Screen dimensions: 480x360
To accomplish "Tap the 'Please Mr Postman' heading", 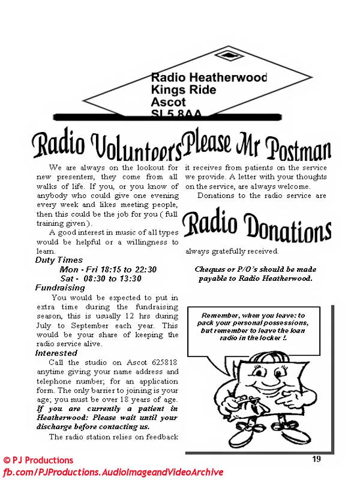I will coord(257,145).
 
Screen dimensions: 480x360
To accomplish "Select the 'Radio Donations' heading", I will coord(257,227).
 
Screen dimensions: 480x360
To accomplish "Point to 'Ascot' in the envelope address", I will coord(169,102).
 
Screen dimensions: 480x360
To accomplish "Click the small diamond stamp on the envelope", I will coord(230,55).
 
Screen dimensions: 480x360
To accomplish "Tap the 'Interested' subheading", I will coord(56,353).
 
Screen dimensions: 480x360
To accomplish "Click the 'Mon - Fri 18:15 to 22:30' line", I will coord(108,269).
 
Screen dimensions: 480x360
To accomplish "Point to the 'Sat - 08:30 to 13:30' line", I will coord(101,278).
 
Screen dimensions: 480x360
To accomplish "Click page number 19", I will coord(316,459).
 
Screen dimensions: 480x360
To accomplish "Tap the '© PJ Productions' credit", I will coord(38,461).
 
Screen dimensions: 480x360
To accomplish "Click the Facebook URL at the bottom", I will coord(112,472).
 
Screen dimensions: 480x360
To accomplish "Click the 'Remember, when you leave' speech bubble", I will coord(254,327).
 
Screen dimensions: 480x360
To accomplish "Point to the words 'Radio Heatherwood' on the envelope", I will coord(209,77).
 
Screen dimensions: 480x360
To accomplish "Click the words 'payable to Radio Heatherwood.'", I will coord(255,278).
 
